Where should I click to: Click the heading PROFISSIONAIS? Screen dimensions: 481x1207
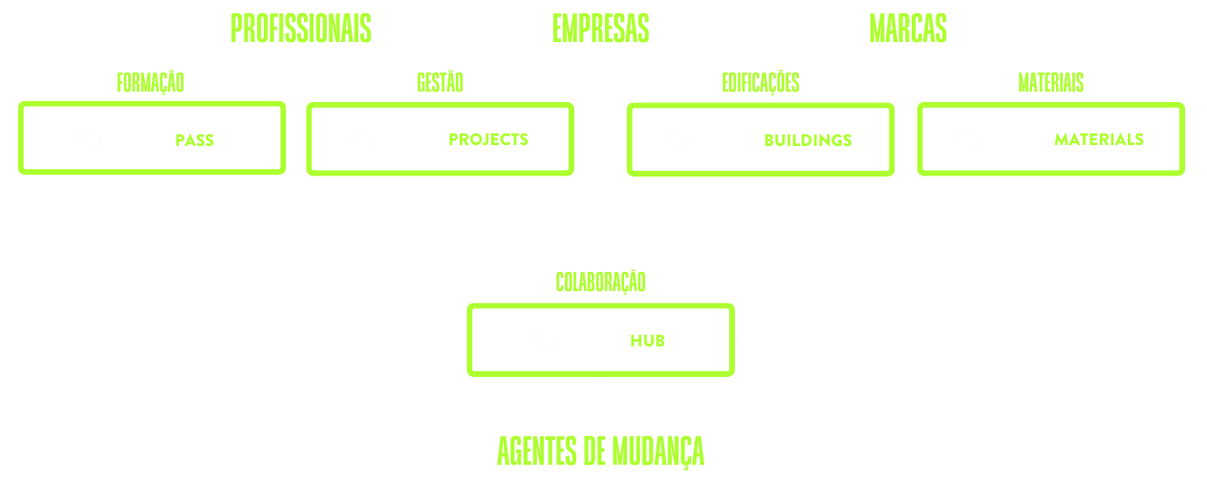pyautogui.click(x=300, y=29)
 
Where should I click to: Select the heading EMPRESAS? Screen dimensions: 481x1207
pyautogui.click(x=600, y=29)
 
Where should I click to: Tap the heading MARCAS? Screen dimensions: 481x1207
pyautogui.click(x=907, y=29)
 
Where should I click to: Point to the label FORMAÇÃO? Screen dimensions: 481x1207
pyautogui.click(x=150, y=83)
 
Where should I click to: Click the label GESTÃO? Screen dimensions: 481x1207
pyautogui.click(x=440, y=83)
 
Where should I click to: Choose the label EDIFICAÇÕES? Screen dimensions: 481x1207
pyautogui.click(x=760, y=83)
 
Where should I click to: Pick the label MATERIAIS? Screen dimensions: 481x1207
pyautogui.click(x=1050, y=83)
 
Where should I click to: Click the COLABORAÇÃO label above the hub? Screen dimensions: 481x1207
pyautogui.click(x=600, y=282)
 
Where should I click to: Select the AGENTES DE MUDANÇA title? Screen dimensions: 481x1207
pyautogui.click(x=600, y=450)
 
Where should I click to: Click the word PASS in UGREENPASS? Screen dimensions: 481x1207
pyautogui.click(x=194, y=140)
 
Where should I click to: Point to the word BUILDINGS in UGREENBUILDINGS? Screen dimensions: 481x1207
pyautogui.click(x=808, y=140)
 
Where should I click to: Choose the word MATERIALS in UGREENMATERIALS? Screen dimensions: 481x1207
pyautogui.click(x=1099, y=139)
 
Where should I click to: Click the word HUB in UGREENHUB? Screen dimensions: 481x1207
pyautogui.click(x=647, y=340)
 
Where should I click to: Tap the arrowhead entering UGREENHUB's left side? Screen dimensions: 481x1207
pyautogui.click(x=463, y=339)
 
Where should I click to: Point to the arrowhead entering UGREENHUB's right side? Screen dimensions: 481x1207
pyautogui.click(x=739, y=338)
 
